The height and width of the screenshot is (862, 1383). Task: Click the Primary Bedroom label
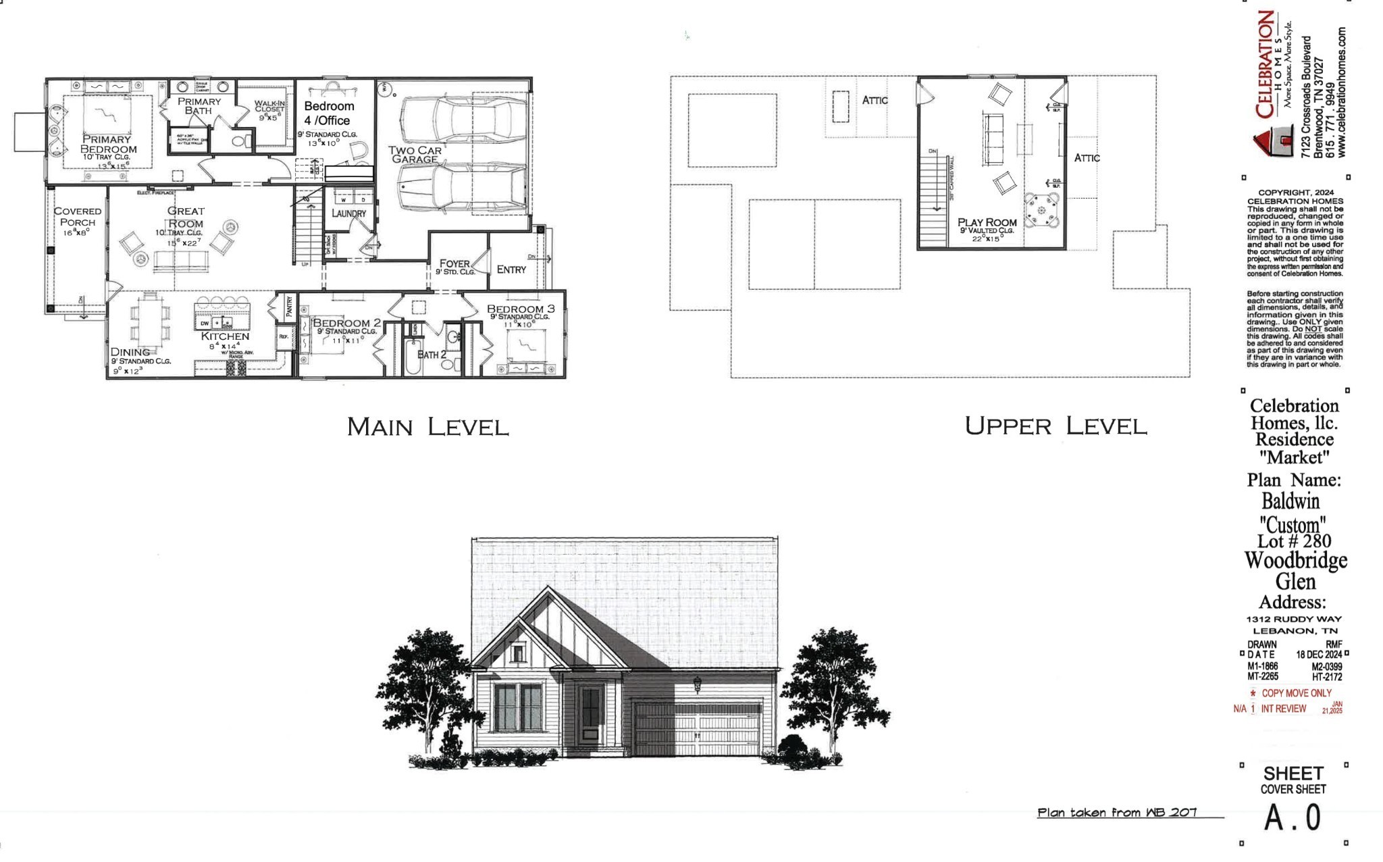tap(107, 144)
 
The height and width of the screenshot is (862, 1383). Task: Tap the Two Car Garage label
tap(415, 155)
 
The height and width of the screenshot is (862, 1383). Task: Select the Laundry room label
tap(348, 213)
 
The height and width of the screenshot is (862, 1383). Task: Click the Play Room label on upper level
tap(987, 222)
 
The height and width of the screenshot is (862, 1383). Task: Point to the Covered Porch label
tap(78, 216)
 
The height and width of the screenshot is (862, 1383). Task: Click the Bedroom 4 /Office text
tap(328, 113)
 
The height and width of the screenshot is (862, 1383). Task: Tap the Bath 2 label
tap(431, 355)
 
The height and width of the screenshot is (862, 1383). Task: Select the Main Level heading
tap(427, 427)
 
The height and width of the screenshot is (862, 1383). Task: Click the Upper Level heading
tap(1055, 426)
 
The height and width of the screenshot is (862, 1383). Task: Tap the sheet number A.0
tap(1293, 818)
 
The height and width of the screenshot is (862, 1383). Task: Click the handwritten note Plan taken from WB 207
tap(1117, 813)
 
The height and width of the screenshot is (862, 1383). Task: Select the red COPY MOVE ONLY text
tap(1296, 693)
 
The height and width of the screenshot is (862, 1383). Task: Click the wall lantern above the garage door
tap(698, 684)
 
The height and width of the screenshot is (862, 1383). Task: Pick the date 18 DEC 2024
tap(1318, 655)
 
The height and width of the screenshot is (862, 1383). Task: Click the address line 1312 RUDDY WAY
tap(1294, 619)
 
